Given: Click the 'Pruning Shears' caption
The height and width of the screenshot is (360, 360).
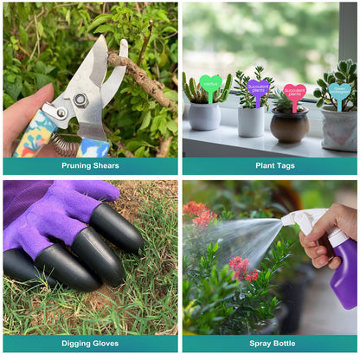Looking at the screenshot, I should click(x=90, y=165).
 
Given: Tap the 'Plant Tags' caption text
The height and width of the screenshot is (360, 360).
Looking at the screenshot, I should click(x=269, y=165).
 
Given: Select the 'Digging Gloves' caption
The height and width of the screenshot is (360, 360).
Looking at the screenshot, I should click(x=90, y=344).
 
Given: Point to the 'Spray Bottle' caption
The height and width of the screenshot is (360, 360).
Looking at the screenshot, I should click(x=269, y=344).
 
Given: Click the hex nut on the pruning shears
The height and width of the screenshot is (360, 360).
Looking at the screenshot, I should click(x=80, y=100).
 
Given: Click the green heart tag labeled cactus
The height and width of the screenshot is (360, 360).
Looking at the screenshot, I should click(x=209, y=84).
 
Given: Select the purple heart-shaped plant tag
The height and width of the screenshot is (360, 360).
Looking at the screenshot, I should click(x=259, y=87).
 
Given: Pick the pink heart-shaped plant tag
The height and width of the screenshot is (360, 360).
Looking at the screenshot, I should click(x=295, y=92).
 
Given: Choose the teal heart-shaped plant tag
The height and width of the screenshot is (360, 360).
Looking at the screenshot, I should click(x=339, y=90).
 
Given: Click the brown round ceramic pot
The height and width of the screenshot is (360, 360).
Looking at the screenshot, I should click(x=289, y=126).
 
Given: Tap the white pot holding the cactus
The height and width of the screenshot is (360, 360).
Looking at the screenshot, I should click(x=204, y=115).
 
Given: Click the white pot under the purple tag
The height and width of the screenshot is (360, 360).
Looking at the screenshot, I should click(x=252, y=121).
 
